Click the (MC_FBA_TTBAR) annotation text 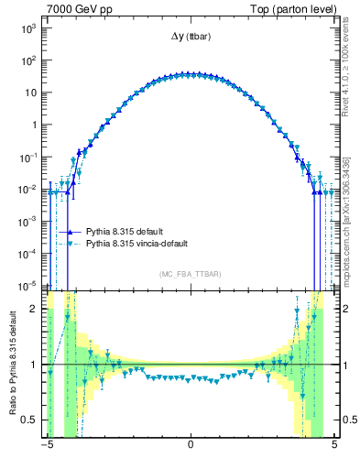pyautogui.click(x=190, y=275)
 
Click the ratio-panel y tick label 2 pyautogui.click(x=34, y=309)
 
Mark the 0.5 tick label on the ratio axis pyautogui.click(x=29, y=420)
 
